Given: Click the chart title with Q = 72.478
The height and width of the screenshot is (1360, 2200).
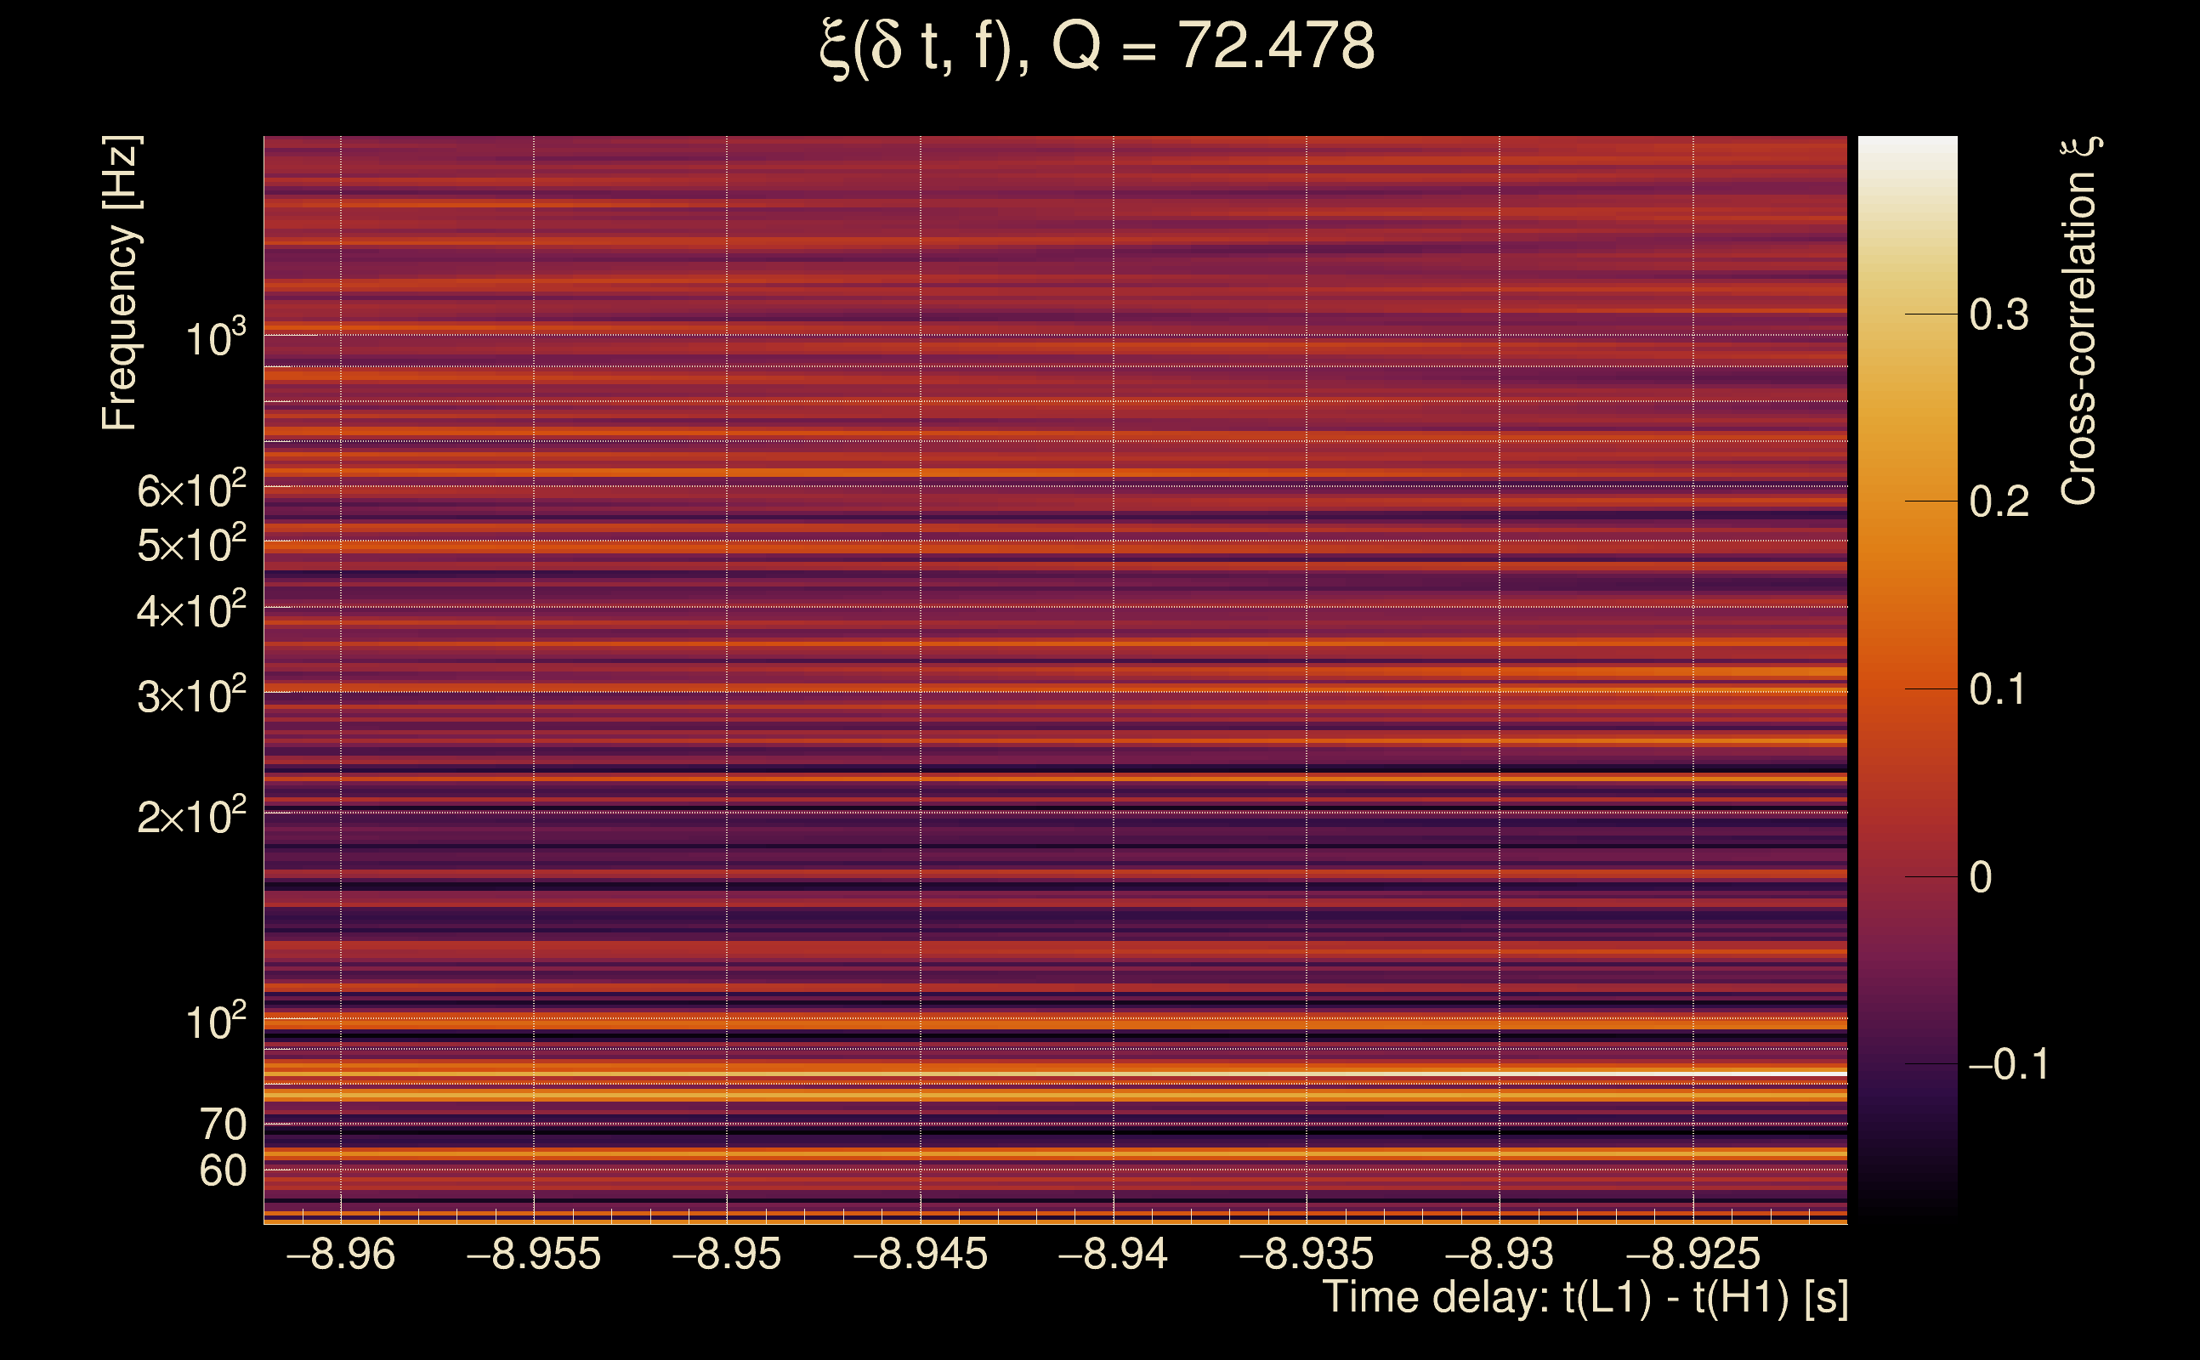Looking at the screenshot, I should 1097,47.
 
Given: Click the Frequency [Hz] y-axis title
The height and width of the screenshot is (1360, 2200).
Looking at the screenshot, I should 121,282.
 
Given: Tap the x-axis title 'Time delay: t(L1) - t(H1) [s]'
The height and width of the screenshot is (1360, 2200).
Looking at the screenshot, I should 1585,1297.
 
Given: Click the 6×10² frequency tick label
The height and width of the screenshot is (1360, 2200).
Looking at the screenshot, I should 190,491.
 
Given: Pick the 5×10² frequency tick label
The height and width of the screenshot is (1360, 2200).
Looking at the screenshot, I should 190,545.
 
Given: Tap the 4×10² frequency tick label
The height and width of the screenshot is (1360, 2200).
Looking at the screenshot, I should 190,612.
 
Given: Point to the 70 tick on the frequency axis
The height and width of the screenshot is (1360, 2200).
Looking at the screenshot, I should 222,1125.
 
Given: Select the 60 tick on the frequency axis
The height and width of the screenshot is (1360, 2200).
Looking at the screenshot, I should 222,1171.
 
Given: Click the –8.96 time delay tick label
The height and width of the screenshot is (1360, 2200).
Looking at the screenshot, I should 340,1254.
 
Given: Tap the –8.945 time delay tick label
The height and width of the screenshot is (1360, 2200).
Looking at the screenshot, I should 920,1254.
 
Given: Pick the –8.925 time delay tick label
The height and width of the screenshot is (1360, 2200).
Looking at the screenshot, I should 1693,1254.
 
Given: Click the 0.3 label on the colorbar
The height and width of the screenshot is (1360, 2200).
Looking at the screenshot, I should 1999,314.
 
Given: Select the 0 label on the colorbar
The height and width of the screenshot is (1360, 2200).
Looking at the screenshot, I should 1981,877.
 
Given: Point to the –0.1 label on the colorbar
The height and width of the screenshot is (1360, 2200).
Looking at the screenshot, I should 2009,1064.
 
